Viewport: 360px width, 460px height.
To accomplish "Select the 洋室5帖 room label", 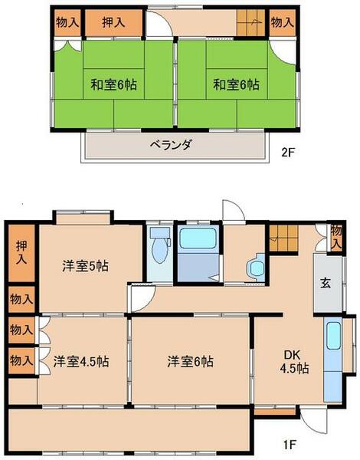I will click(x=85, y=266).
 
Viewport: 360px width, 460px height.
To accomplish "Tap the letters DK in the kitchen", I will click(x=293, y=354).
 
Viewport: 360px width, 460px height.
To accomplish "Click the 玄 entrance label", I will click(x=325, y=282).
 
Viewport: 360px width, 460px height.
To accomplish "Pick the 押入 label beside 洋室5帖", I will click(x=21, y=254).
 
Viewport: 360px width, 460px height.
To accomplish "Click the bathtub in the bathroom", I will click(x=198, y=238).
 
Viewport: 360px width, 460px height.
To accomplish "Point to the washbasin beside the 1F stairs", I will click(x=255, y=268).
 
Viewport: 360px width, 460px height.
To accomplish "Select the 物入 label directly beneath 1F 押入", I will click(x=21, y=298).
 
